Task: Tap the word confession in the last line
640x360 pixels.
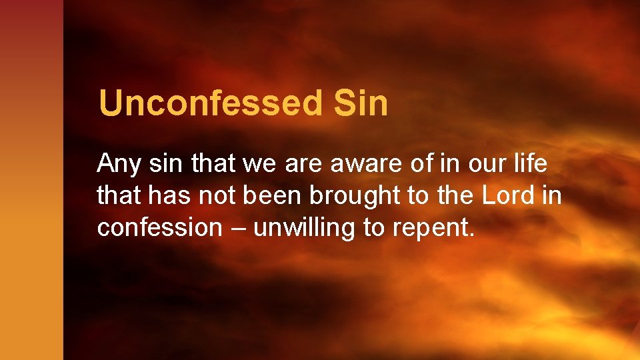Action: point(159,227)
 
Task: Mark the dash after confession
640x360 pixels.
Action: point(237,229)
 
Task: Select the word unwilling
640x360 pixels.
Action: point(305,229)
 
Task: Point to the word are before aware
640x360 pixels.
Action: point(301,163)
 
